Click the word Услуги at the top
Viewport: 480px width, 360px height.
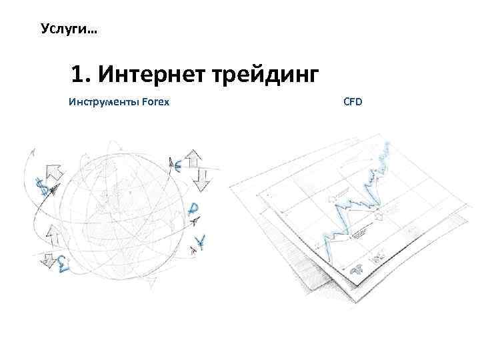tap(59, 29)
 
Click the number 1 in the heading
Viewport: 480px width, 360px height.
tap(78, 76)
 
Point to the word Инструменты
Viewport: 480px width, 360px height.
tap(104, 103)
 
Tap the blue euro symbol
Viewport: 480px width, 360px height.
tap(176, 166)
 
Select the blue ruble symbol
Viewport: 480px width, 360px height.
tap(193, 209)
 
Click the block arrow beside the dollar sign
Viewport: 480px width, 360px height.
tap(53, 172)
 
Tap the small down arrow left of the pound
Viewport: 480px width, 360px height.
tap(47, 259)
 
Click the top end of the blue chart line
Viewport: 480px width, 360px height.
tap(387, 143)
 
